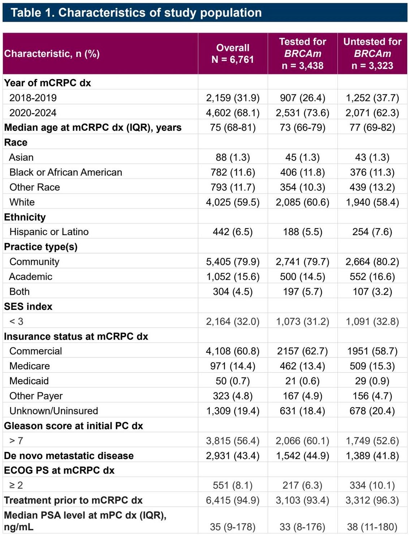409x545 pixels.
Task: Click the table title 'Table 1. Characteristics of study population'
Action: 136,12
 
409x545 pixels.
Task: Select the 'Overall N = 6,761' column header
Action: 233,53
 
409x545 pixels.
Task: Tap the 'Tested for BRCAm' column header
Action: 302,53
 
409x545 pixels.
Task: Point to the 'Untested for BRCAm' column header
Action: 372,53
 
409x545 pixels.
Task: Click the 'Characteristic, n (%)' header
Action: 52,53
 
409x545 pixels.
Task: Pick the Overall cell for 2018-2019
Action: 233,98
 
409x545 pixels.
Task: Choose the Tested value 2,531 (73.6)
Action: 302,113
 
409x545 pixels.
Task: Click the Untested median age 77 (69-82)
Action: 372,127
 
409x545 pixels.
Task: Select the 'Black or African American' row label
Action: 66,172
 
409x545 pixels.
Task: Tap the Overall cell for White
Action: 233,202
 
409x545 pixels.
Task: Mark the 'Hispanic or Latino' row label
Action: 49,232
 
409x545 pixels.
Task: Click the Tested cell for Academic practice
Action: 302,277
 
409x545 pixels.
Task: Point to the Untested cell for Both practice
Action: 372,291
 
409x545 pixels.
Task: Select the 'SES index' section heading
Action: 28,307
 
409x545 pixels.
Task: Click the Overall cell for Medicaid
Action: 233,381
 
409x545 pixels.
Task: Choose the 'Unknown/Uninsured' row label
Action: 54,411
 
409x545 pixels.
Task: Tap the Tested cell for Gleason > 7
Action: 302,441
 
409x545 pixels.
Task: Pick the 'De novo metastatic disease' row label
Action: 69,456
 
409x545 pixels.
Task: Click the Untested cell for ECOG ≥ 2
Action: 372,485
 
